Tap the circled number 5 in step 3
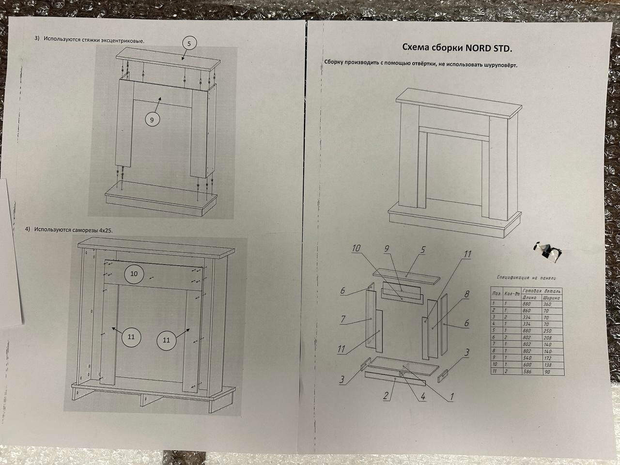tap(189, 44)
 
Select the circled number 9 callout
tap(152, 120)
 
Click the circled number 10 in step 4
tap(134, 274)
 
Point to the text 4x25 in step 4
tap(105, 231)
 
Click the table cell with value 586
tap(527, 372)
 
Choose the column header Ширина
tap(551, 298)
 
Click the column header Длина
tap(527, 298)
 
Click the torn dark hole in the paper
tap(547, 249)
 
